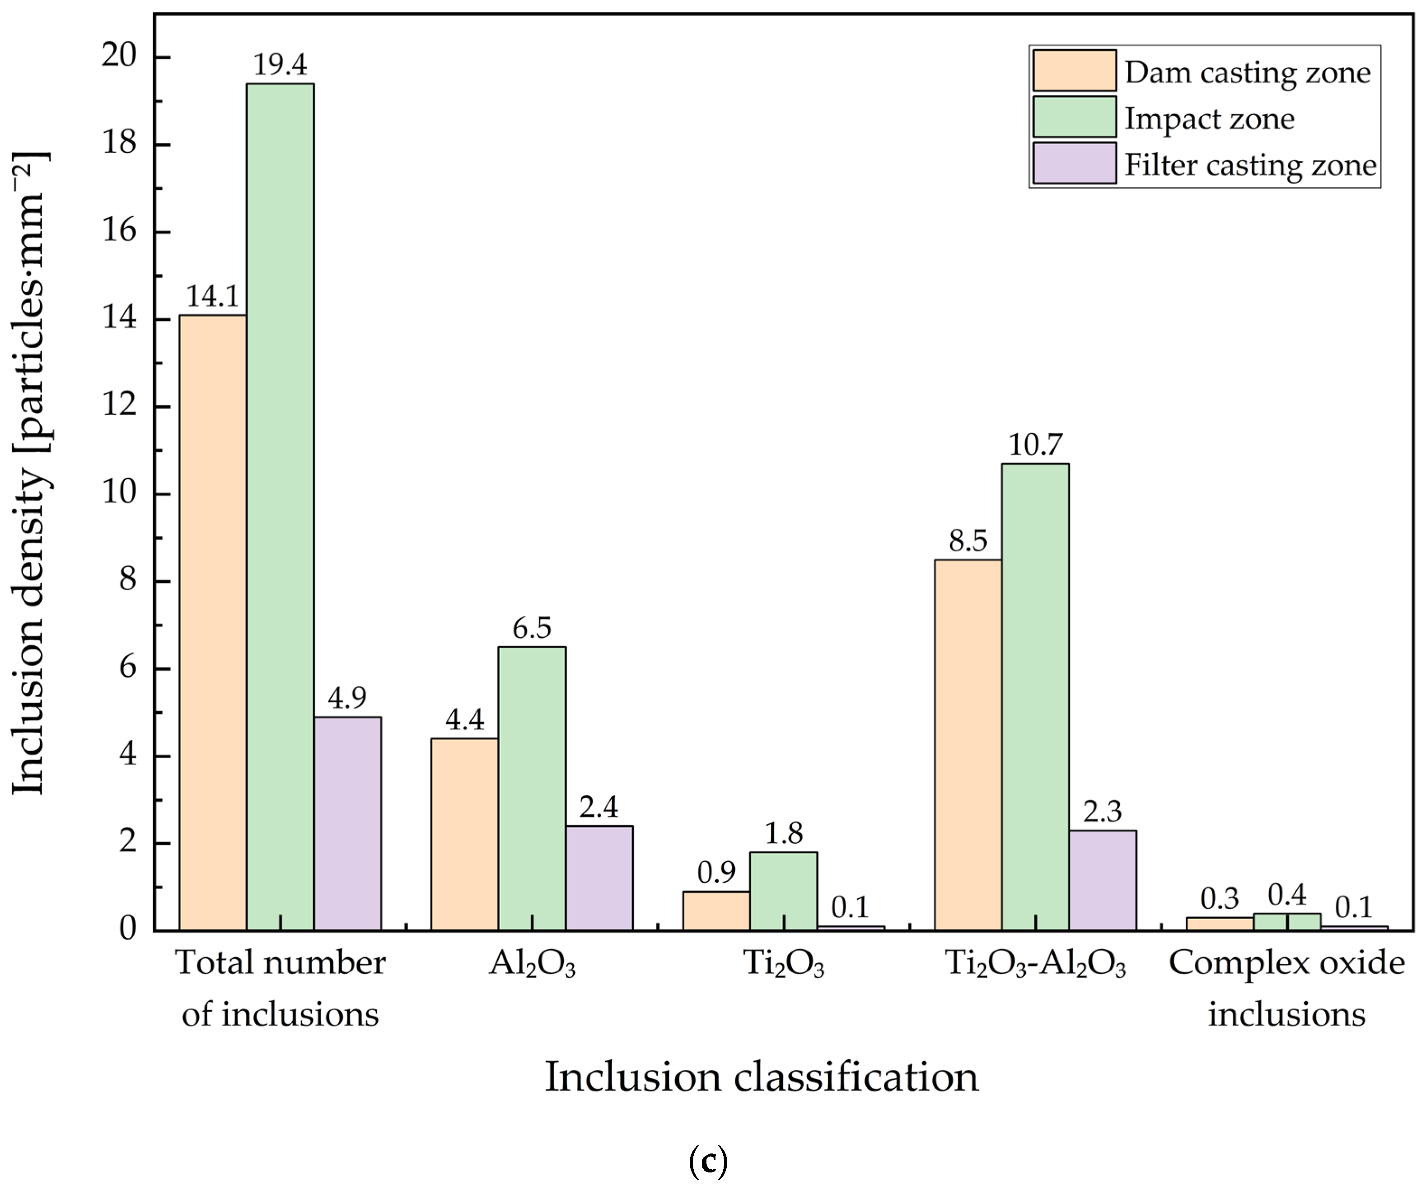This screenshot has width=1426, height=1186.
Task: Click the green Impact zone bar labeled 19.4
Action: (x=280, y=506)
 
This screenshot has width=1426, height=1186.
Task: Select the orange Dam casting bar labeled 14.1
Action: (x=213, y=622)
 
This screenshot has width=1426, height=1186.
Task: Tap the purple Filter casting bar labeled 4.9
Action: (x=347, y=823)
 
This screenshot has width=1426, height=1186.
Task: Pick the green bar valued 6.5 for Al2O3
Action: (x=532, y=788)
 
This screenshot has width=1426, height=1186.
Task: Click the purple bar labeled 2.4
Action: (x=599, y=878)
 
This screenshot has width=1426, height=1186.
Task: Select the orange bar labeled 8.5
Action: (x=968, y=745)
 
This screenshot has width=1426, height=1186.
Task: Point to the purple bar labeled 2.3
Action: (x=1102, y=880)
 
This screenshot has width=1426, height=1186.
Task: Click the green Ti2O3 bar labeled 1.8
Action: (x=784, y=891)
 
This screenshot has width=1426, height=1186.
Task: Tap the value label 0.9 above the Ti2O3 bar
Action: (x=716, y=873)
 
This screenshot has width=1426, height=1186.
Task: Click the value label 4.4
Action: (x=465, y=719)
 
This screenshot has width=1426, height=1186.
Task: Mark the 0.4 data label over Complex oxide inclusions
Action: (x=1287, y=895)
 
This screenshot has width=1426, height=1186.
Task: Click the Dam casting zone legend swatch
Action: (x=1074, y=70)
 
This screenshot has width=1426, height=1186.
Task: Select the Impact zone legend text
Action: (x=1209, y=119)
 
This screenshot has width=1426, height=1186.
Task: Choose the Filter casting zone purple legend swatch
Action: (x=1074, y=163)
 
